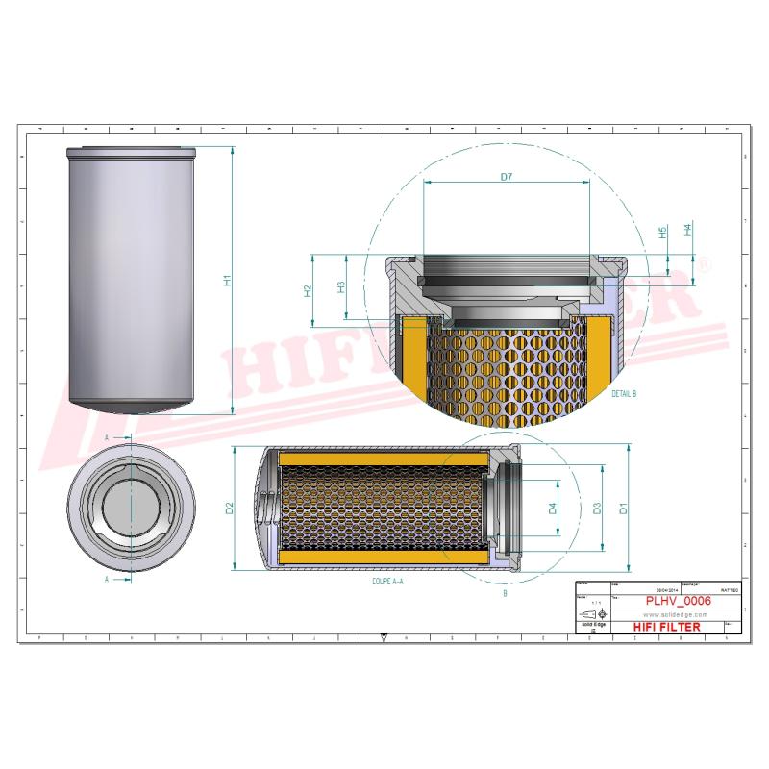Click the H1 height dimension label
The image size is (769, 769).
point(228,281)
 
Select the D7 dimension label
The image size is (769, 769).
point(507,176)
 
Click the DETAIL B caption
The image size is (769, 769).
point(623,395)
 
